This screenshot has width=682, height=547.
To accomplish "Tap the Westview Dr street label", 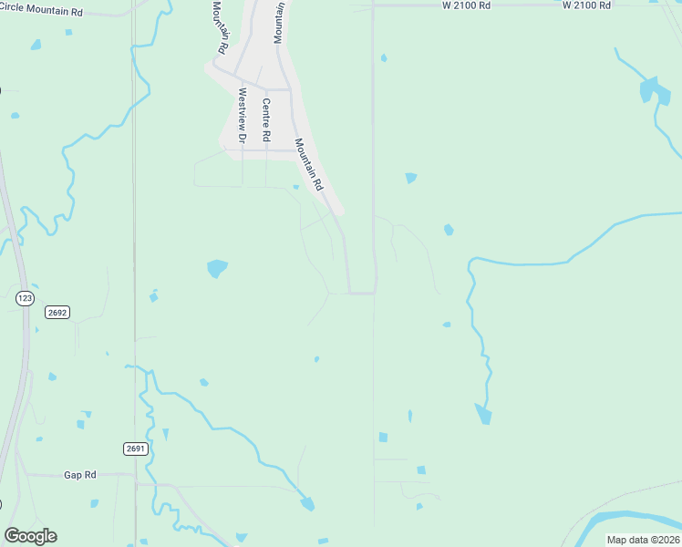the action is [x=243, y=116].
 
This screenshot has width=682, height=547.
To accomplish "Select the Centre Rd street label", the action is [x=266, y=119].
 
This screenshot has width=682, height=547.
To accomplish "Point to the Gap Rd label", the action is [x=80, y=475].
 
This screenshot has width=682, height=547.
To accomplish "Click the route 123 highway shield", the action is [x=25, y=297].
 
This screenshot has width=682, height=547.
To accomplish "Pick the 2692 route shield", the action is [x=57, y=312].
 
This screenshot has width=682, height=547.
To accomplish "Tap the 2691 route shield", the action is [x=135, y=449].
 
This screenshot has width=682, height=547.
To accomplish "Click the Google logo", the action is [x=30, y=536].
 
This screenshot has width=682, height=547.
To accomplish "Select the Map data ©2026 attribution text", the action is [x=642, y=540].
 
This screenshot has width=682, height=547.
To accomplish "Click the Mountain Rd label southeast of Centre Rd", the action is [x=309, y=164].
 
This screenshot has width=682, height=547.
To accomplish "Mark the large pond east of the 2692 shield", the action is [x=216, y=268].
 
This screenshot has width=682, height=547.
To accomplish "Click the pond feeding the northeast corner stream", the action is [x=648, y=89].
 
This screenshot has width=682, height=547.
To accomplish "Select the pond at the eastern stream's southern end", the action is [x=482, y=414].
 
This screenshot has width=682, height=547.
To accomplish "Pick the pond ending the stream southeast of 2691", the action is [x=307, y=502].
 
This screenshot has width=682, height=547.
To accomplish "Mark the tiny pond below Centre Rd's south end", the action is [x=295, y=188].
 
